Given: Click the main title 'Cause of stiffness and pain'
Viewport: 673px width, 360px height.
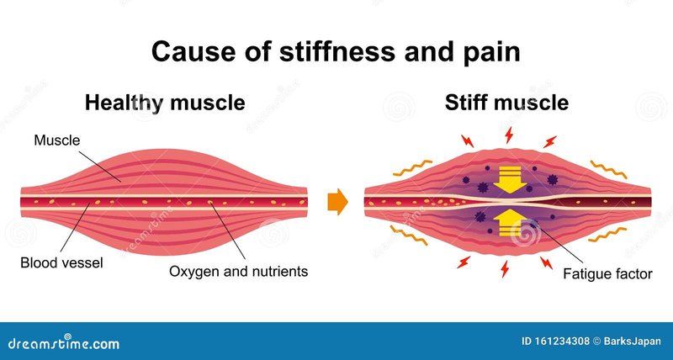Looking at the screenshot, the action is click(336, 52).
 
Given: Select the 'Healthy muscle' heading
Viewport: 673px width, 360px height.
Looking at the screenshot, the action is click(165, 103).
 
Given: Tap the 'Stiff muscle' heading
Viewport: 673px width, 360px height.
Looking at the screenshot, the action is click(506, 103).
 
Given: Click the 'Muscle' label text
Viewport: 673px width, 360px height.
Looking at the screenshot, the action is click(57, 140).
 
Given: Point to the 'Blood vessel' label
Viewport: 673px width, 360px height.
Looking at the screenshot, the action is click(61, 262).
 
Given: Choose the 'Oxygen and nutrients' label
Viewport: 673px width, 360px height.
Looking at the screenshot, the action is click(238, 271).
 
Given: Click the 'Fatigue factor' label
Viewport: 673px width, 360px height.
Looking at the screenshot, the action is click(607, 273).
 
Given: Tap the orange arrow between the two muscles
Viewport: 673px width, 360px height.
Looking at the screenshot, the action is click(337, 202).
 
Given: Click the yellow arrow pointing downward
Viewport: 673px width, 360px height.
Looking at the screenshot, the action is click(510, 180).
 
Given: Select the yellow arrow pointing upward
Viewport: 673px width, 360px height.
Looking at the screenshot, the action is click(510, 223).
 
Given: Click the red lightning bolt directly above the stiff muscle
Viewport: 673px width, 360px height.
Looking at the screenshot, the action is click(509, 135).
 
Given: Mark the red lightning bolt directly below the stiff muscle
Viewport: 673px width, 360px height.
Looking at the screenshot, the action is click(505, 269).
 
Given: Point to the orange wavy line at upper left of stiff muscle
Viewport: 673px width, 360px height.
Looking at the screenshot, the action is click(412, 167).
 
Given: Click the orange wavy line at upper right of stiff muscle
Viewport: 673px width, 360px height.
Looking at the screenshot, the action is click(608, 169).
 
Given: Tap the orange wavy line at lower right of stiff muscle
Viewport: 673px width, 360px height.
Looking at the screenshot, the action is click(607, 235).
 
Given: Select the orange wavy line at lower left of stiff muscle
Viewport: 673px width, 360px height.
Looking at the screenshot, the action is click(409, 236).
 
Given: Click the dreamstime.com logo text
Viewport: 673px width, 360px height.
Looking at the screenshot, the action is click(64, 343).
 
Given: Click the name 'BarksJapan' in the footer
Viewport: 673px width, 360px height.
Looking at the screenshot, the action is click(632, 341).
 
